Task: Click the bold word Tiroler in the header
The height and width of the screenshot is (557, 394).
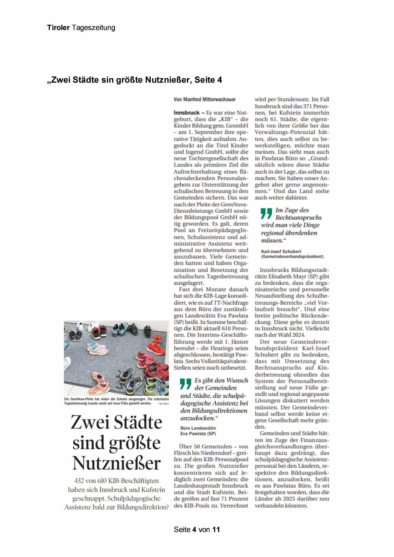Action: click(58, 28)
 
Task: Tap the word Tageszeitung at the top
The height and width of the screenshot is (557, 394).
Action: click(93, 28)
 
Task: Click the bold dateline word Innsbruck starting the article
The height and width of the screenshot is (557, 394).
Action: click(187, 113)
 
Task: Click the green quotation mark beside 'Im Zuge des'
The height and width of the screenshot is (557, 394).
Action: click(267, 213)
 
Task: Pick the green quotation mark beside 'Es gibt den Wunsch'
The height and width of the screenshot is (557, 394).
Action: click(186, 383)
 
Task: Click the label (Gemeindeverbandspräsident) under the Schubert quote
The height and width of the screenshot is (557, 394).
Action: click(292, 256)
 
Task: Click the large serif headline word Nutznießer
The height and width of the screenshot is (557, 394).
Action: click(117, 463)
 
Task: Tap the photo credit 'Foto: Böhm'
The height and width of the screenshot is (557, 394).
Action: click(164, 404)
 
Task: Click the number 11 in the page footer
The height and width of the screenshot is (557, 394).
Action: click(216, 529)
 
